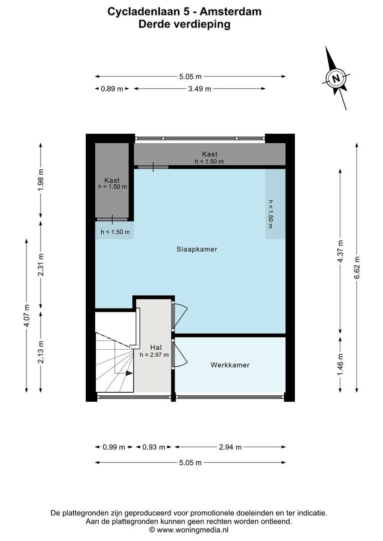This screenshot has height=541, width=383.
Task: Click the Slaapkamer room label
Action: [x=197, y=249]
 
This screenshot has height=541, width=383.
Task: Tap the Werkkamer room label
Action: [x=230, y=365]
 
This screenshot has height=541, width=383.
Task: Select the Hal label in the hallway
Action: [x=155, y=347]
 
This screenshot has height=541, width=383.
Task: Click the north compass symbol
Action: [x=336, y=78]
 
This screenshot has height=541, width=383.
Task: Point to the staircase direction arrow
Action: [x=129, y=373]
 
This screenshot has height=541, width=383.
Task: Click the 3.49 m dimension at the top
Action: [x=199, y=89]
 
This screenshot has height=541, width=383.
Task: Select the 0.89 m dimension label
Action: [x=112, y=89]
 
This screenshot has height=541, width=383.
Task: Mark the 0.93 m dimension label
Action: [x=154, y=447]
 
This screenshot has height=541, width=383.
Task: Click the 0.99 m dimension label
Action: [x=113, y=447]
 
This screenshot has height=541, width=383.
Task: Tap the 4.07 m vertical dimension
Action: [x=27, y=316]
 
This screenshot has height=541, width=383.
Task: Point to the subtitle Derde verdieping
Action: [x=184, y=25]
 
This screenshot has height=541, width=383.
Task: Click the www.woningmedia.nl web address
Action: [x=193, y=529]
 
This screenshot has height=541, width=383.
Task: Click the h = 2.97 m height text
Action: [x=154, y=355]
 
